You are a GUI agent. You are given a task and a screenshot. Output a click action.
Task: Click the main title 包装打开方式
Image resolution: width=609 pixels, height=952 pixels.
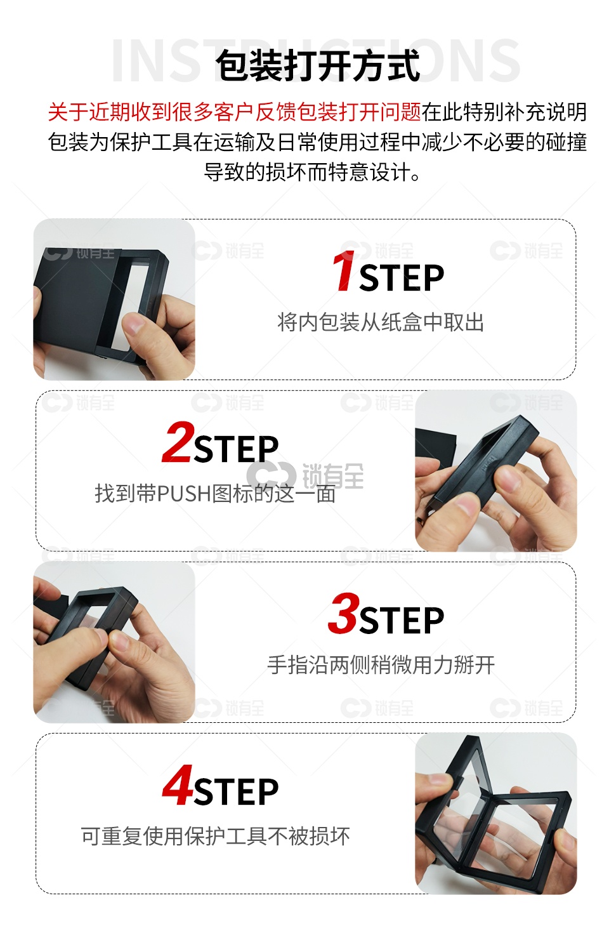click(x=318, y=65)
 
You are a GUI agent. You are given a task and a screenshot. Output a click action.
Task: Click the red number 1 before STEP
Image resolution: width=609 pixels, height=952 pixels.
click(x=344, y=271)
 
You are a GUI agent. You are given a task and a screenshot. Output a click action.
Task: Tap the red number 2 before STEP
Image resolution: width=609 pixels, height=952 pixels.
click(x=178, y=442)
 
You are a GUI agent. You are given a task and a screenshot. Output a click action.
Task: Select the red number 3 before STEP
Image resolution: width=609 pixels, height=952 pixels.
click(x=344, y=613)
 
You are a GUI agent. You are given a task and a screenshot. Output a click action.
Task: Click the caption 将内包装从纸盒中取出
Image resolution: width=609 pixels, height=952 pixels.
click(x=381, y=322)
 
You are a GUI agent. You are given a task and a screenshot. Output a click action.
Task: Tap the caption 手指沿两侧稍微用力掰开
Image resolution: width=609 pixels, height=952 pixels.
click(x=381, y=664)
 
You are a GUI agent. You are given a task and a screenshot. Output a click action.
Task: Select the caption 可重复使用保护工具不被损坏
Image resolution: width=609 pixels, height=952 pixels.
click(x=215, y=836)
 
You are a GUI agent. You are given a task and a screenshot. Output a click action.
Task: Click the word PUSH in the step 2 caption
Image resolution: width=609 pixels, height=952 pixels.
click(x=184, y=494)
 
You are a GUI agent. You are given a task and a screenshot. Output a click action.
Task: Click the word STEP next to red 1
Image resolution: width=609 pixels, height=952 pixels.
click(x=402, y=278)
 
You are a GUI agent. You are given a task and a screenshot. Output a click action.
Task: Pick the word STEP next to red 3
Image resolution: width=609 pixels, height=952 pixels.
click(x=402, y=621)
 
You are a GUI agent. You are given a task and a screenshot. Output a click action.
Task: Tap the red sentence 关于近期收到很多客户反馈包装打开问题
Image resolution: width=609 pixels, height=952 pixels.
click(x=235, y=112)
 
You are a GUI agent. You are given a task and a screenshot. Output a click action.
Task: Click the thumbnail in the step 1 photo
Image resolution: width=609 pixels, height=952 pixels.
click(x=133, y=324)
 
